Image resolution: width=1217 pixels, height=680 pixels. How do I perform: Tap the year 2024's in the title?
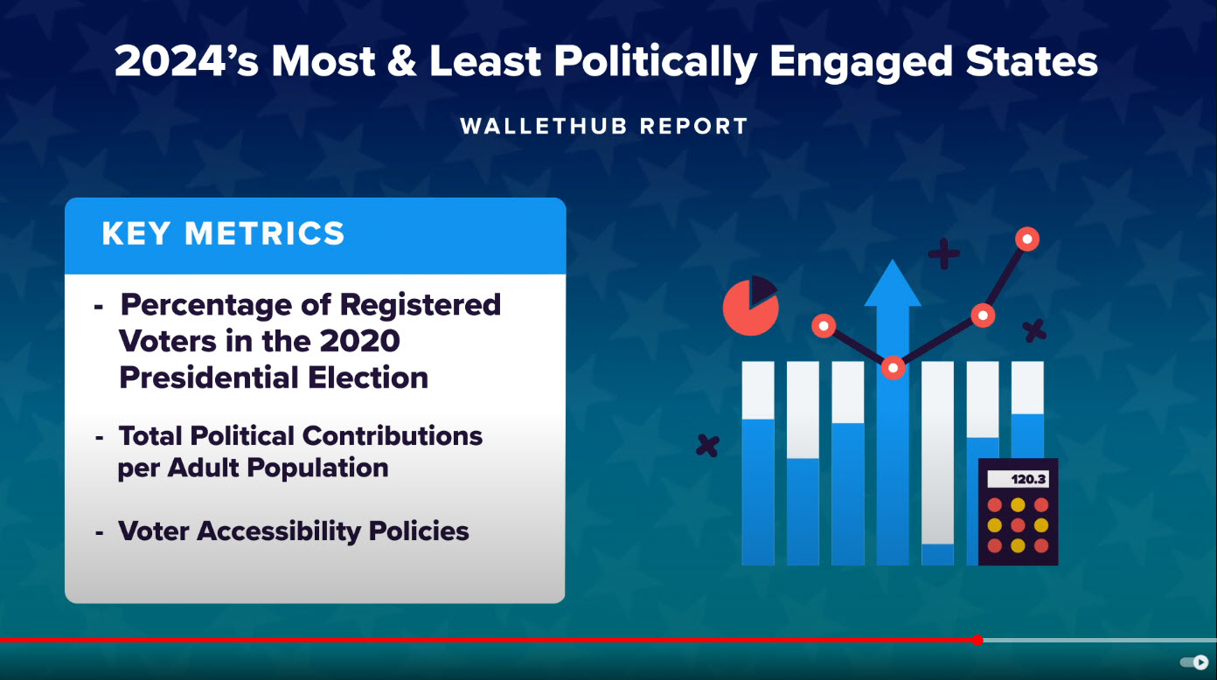pyautogui.click(x=186, y=61)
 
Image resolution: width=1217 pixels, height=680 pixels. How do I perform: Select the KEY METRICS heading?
pyautogui.click(x=223, y=233)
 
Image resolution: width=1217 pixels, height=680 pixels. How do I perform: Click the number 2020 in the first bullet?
pyautogui.click(x=359, y=341)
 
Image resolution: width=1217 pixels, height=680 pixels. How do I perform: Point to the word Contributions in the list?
pyautogui.click(x=393, y=435)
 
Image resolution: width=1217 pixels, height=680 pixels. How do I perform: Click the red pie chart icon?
pyautogui.click(x=751, y=306)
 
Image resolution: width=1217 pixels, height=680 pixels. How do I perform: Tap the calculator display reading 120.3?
pyautogui.click(x=1018, y=479)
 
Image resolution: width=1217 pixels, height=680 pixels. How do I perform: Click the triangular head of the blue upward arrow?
pyautogui.click(x=893, y=283)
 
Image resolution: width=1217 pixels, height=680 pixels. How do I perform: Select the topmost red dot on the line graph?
pyautogui.click(x=1026, y=239)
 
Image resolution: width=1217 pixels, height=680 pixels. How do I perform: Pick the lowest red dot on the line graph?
pyautogui.click(x=893, y=368)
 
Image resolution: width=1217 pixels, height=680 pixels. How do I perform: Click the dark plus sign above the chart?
pyautogui.click(x=943, y=253)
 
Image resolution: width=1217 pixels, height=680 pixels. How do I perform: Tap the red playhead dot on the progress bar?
pyautogui.click(x=978, y=641)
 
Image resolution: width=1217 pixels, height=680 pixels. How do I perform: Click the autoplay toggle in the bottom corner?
pyautogui.click(x=1193, y=662)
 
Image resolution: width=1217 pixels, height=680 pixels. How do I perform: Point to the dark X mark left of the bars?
pyautogui.click(x=707, y=446)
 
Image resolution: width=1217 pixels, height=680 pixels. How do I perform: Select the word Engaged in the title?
pyautogui.click(x=860, y=63)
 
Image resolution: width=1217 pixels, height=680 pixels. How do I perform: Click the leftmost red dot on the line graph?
pyautogui.click(x=824, y=326)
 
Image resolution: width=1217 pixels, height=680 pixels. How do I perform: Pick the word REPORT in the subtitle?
pyautogui.click(x=694, y=127)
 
